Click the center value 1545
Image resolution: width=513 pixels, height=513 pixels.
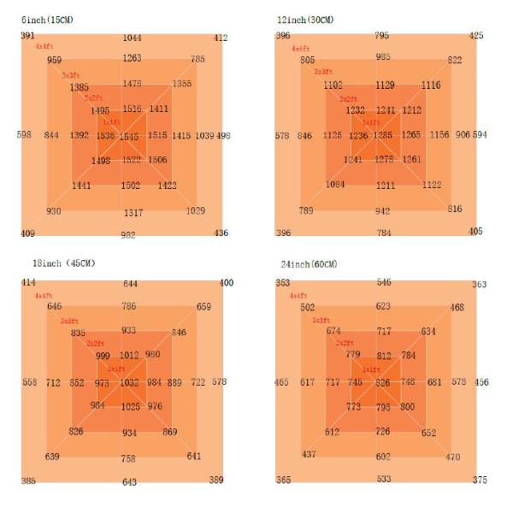point(128,137)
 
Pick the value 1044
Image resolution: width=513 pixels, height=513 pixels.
point(132,38)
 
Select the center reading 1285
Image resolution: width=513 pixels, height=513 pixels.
point(383,135)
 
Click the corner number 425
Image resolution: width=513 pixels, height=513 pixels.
point(477,36)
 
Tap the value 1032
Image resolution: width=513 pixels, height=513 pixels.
point(129,383)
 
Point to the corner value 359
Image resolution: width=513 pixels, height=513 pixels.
point(216,480)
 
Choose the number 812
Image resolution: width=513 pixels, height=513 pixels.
point(384,356)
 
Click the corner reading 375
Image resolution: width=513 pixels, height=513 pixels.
point(480,480)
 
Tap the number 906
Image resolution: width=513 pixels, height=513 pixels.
point(463,135)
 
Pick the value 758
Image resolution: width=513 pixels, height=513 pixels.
point(128,459)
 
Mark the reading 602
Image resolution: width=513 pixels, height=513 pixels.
point(383,457)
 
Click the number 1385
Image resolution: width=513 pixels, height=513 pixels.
point(80,87)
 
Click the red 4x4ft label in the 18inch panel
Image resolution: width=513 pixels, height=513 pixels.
point(43,295)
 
